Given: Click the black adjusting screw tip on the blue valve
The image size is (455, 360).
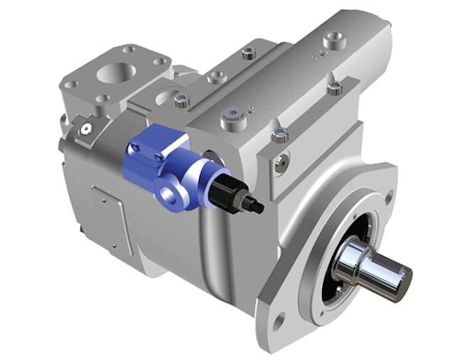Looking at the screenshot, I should point(257,206).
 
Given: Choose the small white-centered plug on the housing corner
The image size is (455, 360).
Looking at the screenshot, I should point(85,129).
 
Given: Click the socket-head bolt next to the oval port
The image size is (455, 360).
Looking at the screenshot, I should point(181,100).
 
